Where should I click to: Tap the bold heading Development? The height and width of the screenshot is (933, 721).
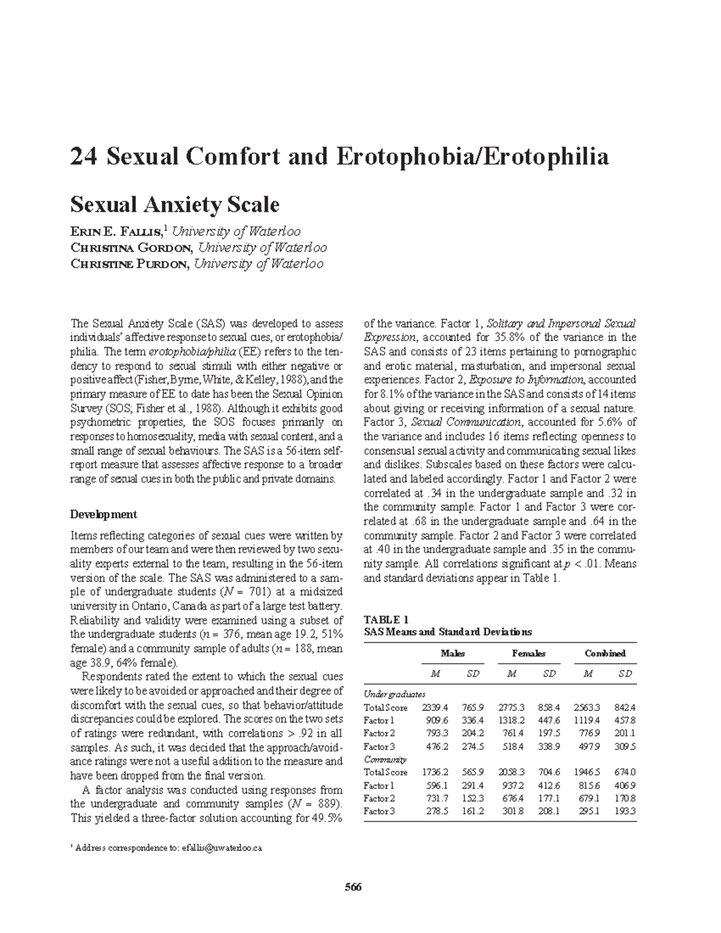tap(103, 514)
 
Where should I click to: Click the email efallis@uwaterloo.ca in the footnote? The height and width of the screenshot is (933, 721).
tap(222, 848)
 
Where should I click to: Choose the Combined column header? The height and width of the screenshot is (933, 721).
tap(605, 653)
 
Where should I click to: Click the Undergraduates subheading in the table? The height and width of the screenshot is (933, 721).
tap(395, 694)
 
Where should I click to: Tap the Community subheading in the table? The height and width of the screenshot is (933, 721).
tap(385, 759)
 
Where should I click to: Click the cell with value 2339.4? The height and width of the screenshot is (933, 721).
tap(435, 708)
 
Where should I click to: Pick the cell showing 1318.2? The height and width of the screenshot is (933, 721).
tap(511, 720)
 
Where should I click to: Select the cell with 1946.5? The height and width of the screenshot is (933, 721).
tap(587, 773)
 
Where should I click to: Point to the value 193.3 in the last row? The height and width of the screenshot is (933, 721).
tap(625, 811)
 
